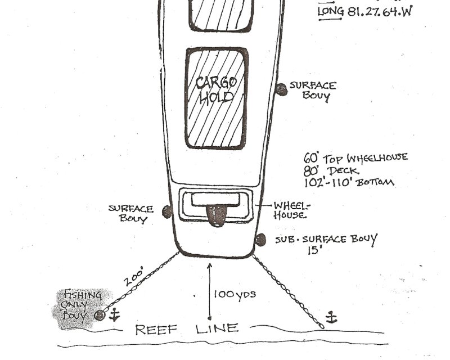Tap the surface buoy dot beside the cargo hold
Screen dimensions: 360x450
click(281, 88)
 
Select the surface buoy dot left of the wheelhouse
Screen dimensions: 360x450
click(166, 211)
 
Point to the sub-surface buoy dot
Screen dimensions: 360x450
click(260, 240)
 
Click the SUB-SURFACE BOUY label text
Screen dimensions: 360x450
click(326, 239)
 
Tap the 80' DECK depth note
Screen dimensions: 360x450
click(332, 170)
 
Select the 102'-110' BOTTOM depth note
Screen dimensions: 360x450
click(349, 182)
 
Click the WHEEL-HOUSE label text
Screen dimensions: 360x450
click(291, 210)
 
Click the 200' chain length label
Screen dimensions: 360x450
click(136, 278)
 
